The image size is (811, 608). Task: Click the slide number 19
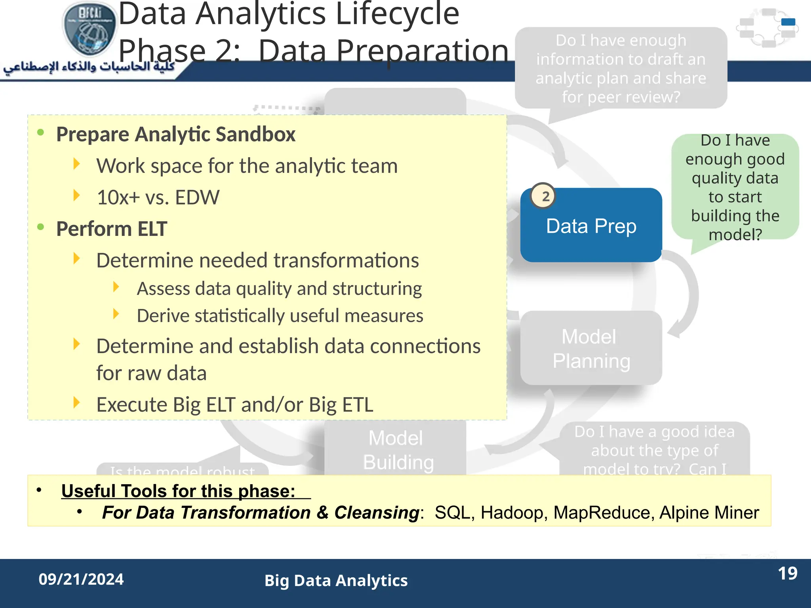(787, 574)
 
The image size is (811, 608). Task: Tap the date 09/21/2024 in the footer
(81, 579)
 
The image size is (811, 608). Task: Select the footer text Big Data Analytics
(336, 581)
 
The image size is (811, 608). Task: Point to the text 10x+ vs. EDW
(158, 197)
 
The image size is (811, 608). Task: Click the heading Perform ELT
(112, 229)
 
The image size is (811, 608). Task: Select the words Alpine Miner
(709, 513)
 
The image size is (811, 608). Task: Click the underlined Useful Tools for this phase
(178, 491)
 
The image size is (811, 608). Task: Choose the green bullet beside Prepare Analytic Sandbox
(40, 132)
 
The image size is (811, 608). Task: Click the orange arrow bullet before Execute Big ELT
(77, 403)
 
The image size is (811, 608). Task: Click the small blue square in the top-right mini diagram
(788, 22)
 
